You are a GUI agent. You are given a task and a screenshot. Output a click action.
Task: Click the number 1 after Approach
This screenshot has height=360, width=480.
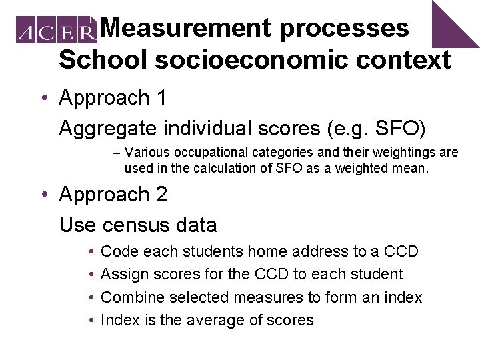click(x=160, y=98)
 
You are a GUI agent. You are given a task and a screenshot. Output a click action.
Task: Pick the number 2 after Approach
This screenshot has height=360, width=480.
click(x=160, y=195)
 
